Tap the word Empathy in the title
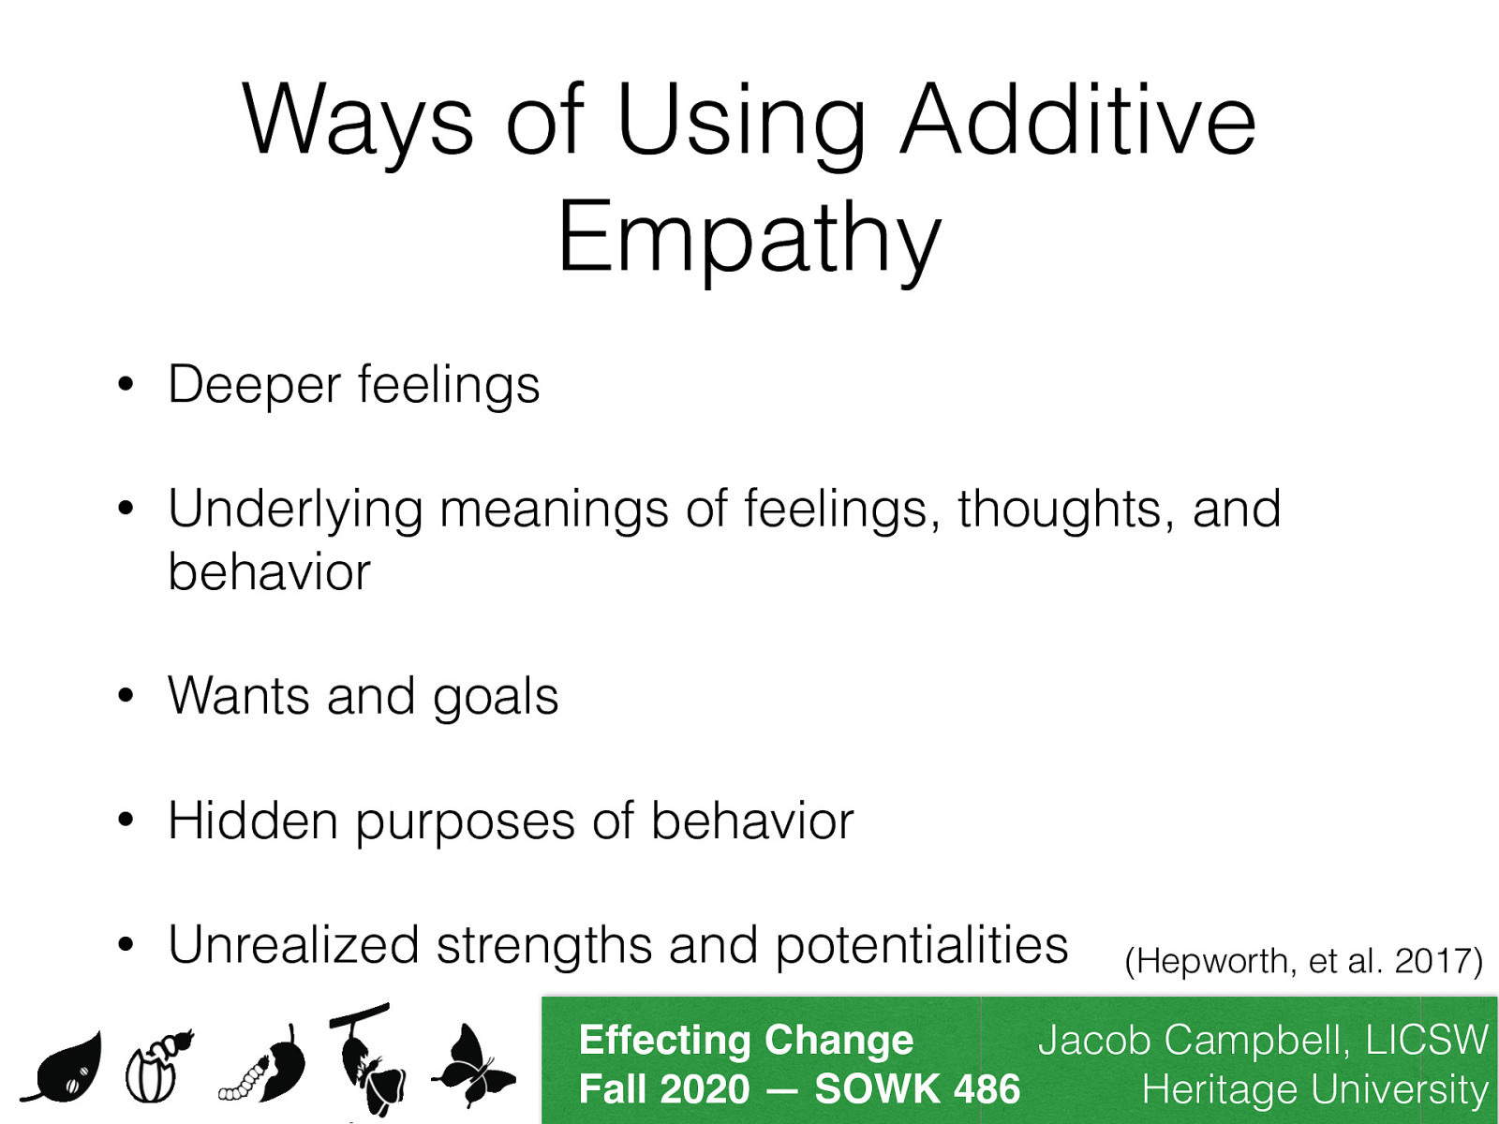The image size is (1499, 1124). pos(749,239)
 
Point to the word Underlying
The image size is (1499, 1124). pos(294,510)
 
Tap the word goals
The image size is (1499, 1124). pos(496,698)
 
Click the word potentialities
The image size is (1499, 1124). pos(922,946)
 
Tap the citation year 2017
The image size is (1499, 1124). pos(1435,961)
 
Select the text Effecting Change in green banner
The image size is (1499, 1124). pos(746,1040)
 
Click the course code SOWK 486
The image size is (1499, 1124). pos(917,1089)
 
